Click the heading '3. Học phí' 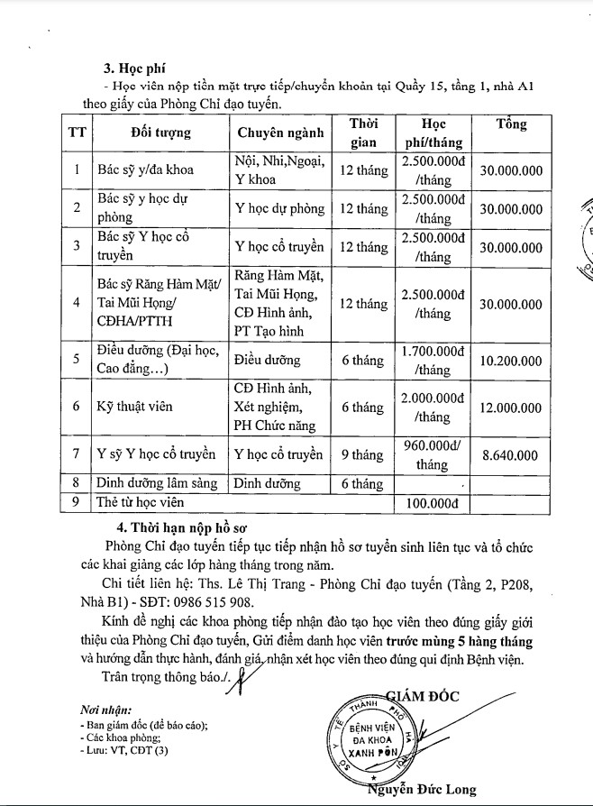tap(135, 67)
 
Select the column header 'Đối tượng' tap(160, 133)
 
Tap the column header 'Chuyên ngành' tap(279, 133)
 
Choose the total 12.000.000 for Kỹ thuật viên tap(511, 408)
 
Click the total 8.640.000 tap(511, 455)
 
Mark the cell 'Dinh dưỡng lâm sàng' tap(157, 483)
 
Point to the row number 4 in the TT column tap(77, 304)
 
